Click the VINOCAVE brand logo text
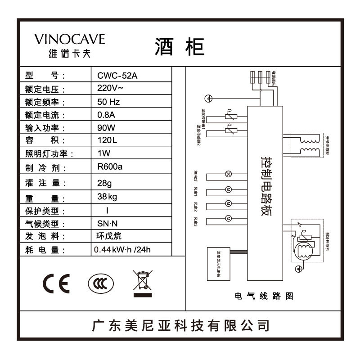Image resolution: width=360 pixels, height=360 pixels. pyautogui.click(x=70, y=40)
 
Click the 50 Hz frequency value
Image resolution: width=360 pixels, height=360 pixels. pyautogui.click(x=108, y=101)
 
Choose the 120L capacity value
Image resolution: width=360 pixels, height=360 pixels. pyautogui.click(x=107, y=140)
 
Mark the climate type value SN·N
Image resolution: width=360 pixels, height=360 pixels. pyautogui.click(x=108, y=223)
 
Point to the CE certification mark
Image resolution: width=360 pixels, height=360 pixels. pyautogui.click(x=56, y=283)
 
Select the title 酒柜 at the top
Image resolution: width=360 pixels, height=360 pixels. pyautogui.click(x=180, y=46)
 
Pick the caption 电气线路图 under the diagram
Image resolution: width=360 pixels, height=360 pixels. pyautogui.click(x=264, y=297)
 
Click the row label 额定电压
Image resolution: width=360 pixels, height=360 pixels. pyautogui.click(x=45, y=89)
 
